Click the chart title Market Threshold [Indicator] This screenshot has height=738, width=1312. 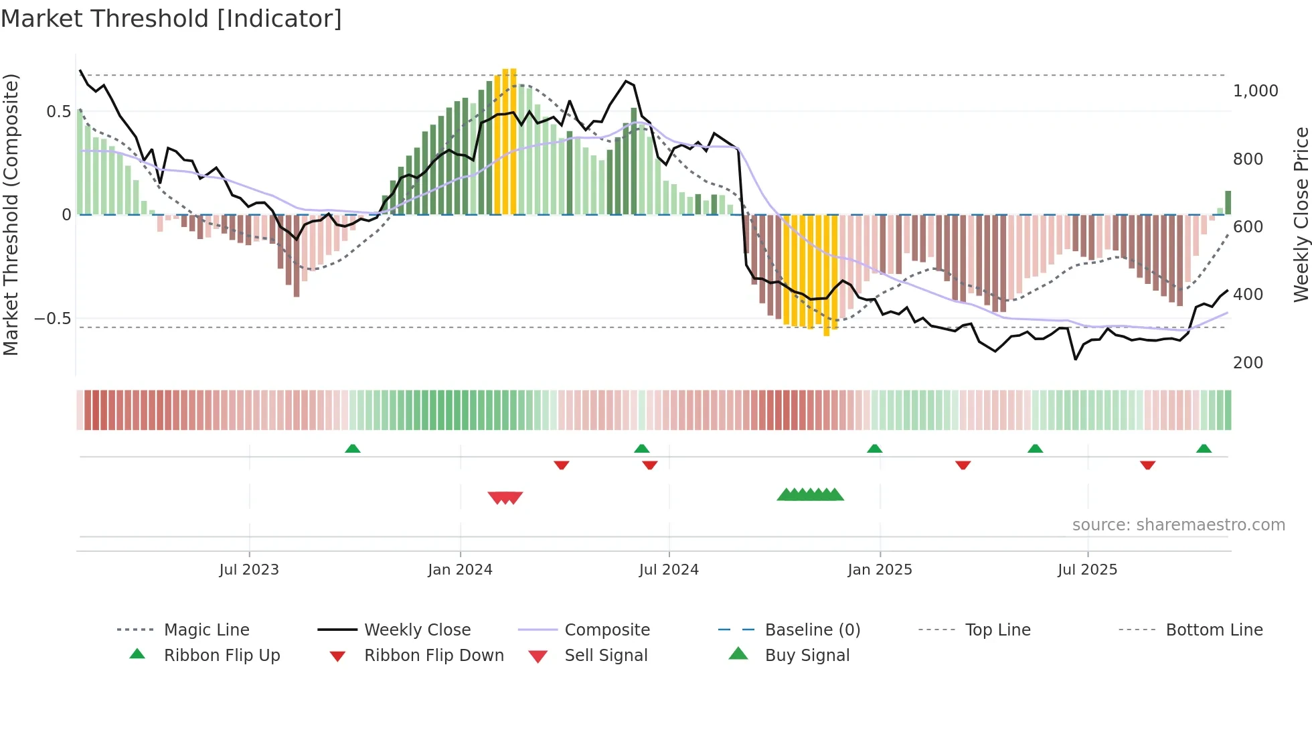(171, 19)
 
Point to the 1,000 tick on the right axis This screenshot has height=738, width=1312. (1255, 91)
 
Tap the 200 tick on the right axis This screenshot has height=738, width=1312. (1248, 363)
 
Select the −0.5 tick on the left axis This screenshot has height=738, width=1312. (53, 319)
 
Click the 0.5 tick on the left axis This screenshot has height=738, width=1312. (58, 112)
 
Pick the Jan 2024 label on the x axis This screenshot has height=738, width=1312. (460, 570)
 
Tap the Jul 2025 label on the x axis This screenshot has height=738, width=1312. (1087, 570)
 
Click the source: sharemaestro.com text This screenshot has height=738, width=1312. (1178, 525)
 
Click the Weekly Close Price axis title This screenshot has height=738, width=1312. (1301, 214)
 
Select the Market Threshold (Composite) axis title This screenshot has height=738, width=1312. (11, 214)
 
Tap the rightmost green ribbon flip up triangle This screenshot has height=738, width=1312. (1204, 449)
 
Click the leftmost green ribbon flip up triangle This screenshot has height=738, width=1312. (353, 449)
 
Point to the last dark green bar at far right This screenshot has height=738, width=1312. (1228, 202)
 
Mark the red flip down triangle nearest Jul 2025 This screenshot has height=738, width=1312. (1147, 465)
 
